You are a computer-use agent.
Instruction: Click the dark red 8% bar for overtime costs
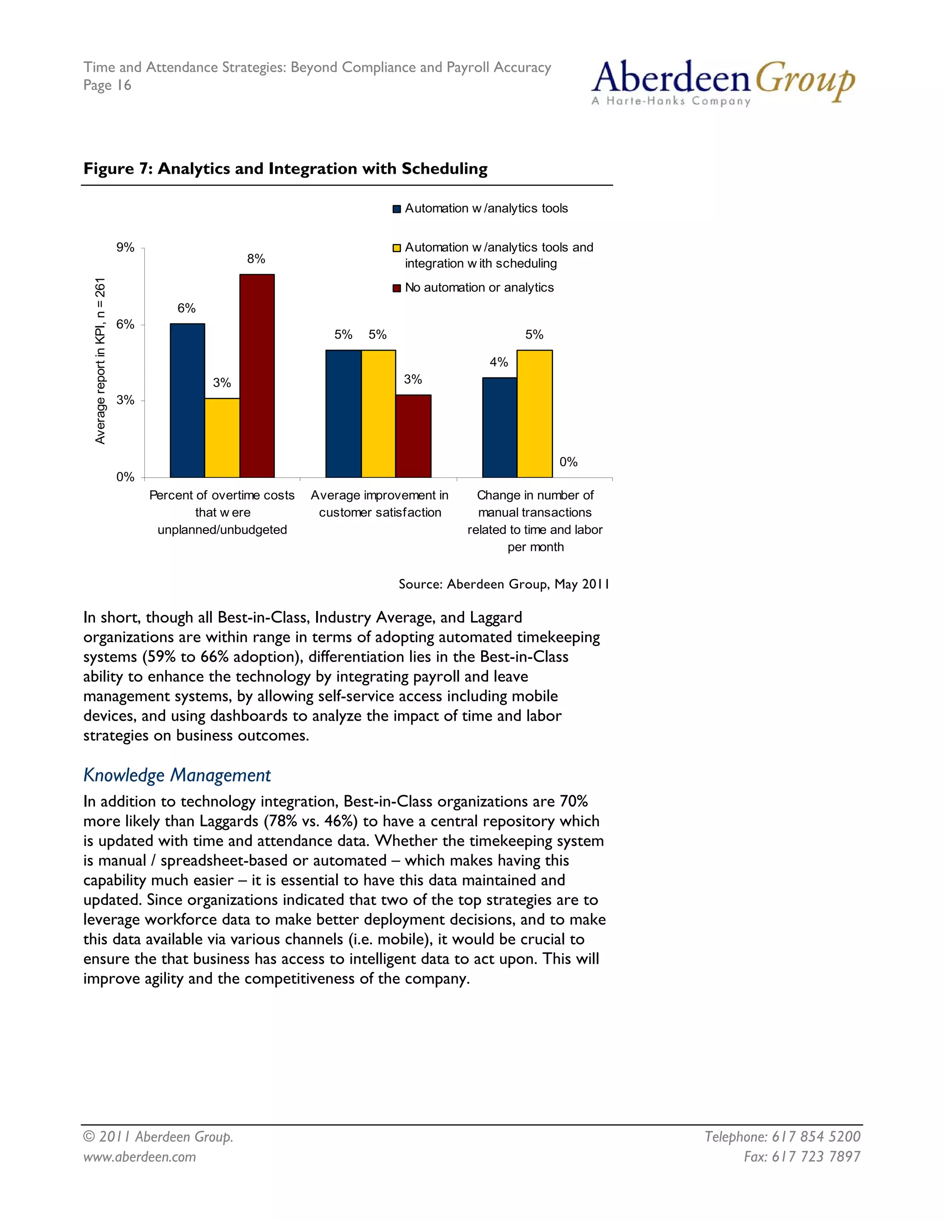coord(257,376)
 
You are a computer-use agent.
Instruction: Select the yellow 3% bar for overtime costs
coord(222,438)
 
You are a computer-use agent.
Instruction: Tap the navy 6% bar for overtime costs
coord(187,400)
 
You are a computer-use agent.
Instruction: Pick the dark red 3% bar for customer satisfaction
coord(413,436)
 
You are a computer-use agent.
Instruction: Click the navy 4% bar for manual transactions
coord(499,427)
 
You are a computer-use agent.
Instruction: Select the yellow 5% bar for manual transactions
coord(535,414)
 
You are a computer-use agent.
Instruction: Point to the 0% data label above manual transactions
coord(568,462)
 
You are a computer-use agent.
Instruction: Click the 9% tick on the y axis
coord(125,248)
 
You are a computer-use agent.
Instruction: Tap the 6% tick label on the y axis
coord(125,324)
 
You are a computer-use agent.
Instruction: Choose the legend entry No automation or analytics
coord(479,288)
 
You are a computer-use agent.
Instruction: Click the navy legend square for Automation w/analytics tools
coord(397,209)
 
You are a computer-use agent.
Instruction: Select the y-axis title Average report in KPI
coord(100,361)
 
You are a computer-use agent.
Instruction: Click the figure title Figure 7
coord(285,169)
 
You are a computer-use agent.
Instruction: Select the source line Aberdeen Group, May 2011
coord(503,584)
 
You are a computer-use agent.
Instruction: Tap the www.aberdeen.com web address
coord(140,1156)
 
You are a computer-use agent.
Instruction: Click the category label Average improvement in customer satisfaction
coord(380,504)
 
